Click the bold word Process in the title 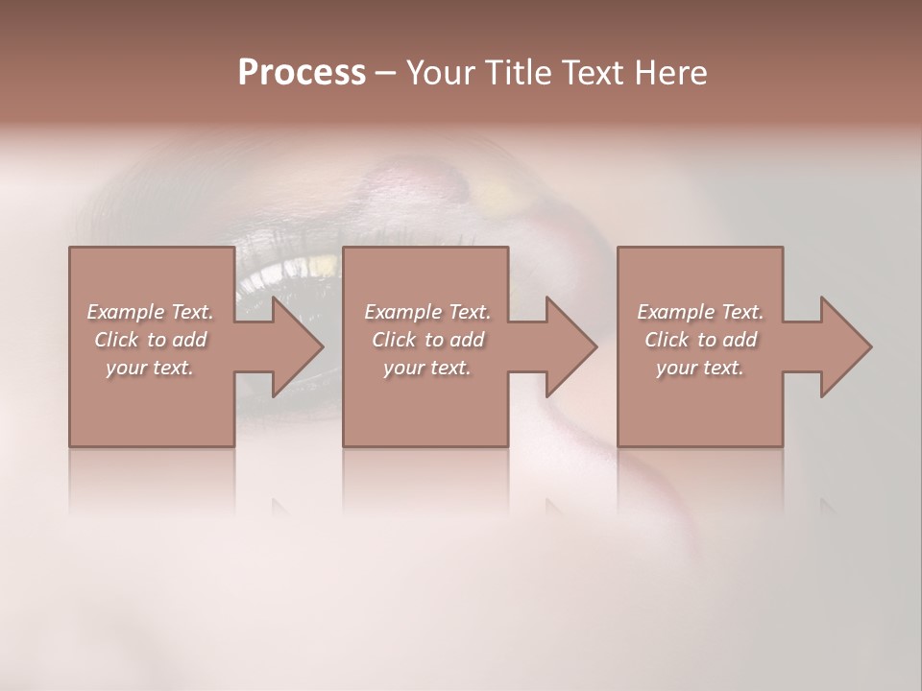click(x=302, y=73)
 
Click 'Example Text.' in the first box click(x=150, y=312)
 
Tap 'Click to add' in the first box click(x=150, y=340)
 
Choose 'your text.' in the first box click(x=150, y=368)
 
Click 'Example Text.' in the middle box click(x=426, y=312)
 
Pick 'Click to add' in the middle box click(x=426, y=340)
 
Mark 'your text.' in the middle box click(x=426, y=368)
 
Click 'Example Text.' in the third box click(x=700, y=312)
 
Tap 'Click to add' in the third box click(x=700, y=340)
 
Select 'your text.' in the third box click(x=700, y=368)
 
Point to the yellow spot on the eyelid click(x=495, y=195)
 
